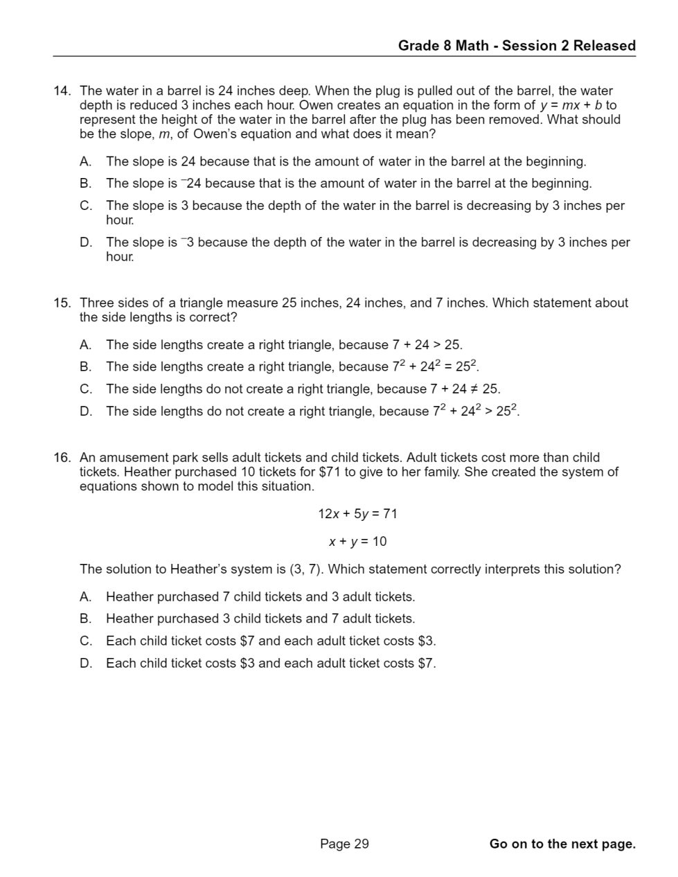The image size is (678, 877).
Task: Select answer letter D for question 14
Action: pyautogui.click(x=85, y=242)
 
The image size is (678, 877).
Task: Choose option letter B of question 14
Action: pyautogui.click(x=85, y=184)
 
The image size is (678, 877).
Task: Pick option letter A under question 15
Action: pyautogui.click(x=85, y=345)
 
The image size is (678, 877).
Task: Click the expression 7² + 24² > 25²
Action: pyautogui.click(x=476, y=411)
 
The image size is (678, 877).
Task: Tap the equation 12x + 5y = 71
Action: pyautogui.click(x=357, y=514)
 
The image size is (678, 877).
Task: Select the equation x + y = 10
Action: pyautogui.click(x=357, y=542)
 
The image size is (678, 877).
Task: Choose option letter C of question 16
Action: pyautogui.click(x=85, y=641)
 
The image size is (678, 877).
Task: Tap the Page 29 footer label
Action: pyautogui.click(x=344, y=844)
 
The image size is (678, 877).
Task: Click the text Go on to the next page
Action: pyautogui.click(x=562, y=844)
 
